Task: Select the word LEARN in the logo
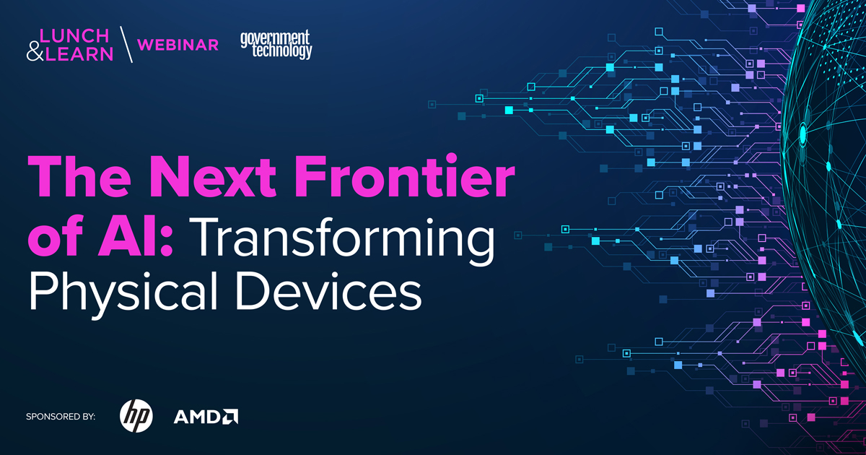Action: coord(79,54)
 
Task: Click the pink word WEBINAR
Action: coord(178,45)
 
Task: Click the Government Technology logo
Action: coord(276,44)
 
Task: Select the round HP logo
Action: coord(136,416)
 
